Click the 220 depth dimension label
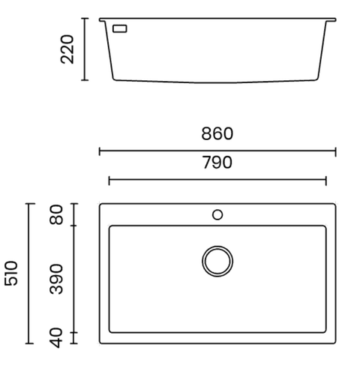click(68, 49)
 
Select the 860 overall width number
click(217, 134)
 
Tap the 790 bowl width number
click(217, 163)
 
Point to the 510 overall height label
click(11, 274)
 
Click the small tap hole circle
click(217, 215)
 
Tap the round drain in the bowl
click(217, 261)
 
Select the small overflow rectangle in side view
click(119, 28)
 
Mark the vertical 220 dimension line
click(85, 49)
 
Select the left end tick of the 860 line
click(100, 151)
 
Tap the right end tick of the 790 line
click(326, 180)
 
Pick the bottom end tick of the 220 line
click(85, 79)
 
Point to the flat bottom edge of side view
click(217, 80)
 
